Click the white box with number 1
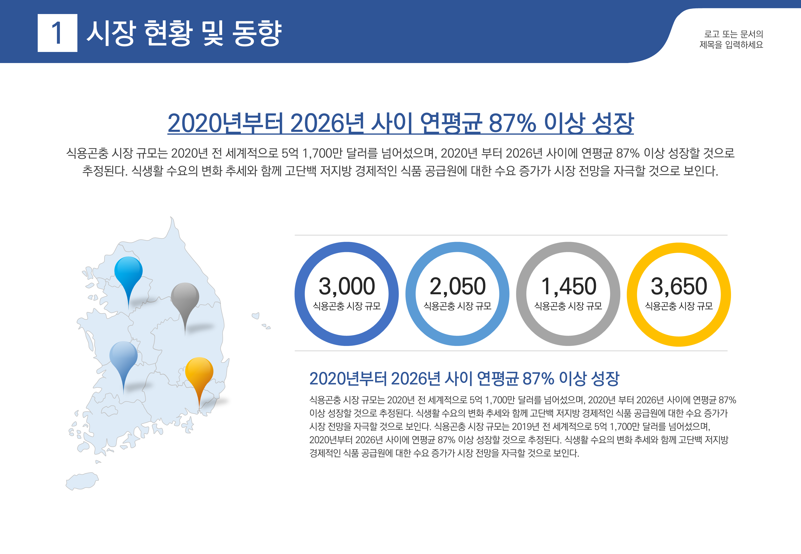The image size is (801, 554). pyautogui.click(x=57, y=33)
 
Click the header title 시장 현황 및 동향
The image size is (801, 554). pyautogui.click(x=184, y=33)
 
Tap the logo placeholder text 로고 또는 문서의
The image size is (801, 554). pyautogui.click(x=733, y=34)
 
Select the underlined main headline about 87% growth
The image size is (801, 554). pyautogui.click(x=400, y=123)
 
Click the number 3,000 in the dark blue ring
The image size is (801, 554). pyautogui.click(x=347, y=286)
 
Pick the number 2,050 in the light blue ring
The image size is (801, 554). pyautogui.click(x=457, y=286)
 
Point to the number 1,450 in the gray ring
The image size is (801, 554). pyautogui.click(x=568, y=286)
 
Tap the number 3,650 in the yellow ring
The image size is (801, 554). pyautogui.click(x=679, y=286)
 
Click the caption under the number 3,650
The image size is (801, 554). pyautogui.click(x=679, y=306)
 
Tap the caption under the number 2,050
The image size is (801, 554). pyautogui.click(x=457, y=306)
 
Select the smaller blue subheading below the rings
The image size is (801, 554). pyautogui.click(x=464, y=378)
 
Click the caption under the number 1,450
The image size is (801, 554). pyautogui.click(x=568, y=306)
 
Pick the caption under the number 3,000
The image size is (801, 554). pyautogui.click(x=347, y=306)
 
